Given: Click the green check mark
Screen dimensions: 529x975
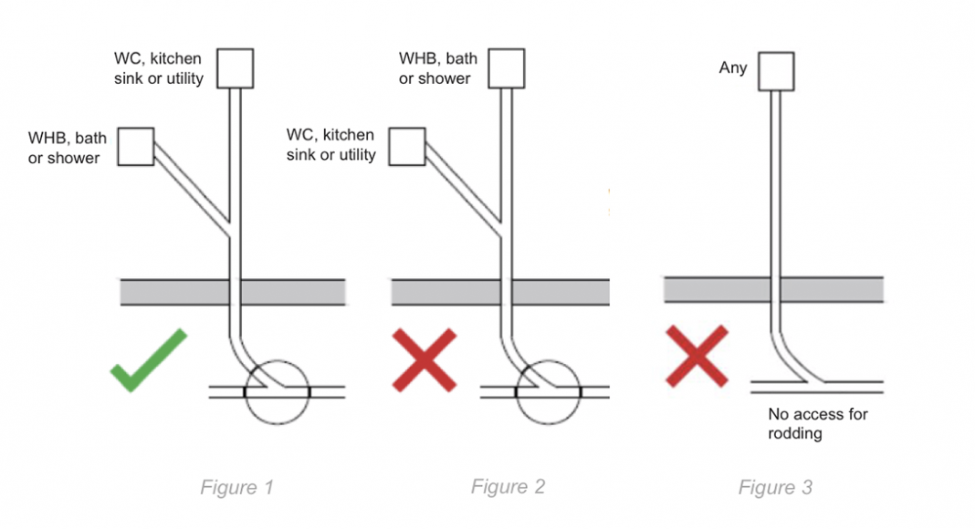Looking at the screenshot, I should pyautogui.click(x=148, y=361).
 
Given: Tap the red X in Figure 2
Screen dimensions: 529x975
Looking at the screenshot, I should pyautogui.click(x=424, y=361).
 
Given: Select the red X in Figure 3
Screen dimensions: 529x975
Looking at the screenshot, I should pyautogui.click(x=697, y=356).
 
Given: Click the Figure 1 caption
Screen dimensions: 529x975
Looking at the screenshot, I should pyautogui.click(x=236, y=488).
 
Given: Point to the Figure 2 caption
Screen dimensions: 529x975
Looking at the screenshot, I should pyautogui.click(x=508, y=486).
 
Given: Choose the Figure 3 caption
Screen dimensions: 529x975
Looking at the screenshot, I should pyautogui.click(x=775, y=488).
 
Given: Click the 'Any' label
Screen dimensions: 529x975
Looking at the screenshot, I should pyautogui.click(x=733, y=67).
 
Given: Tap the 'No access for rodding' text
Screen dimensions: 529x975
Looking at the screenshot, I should pyautogui.click(x=818, y=424).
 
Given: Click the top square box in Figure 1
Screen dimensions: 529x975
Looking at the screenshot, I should pyautogui.click(x=235, y=68).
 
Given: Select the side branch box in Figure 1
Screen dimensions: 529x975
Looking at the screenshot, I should pyautogui.click(x=136, y=146).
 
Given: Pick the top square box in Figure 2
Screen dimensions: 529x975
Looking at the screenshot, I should pyautogui.click(x=506, y=68).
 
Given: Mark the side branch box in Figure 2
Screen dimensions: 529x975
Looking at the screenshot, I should pyautogui.click(x=407, y=146).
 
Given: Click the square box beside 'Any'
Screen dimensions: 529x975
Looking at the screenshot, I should pyautogui.click(x=776, y=71).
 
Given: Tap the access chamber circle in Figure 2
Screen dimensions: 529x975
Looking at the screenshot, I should pyautogui.click(x=548, y=392).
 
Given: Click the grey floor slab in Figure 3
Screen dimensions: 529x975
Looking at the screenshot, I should pyautogui.click(x=772, y=289).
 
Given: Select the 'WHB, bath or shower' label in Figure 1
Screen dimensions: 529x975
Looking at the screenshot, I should pyautogui.click(x=67, y=148).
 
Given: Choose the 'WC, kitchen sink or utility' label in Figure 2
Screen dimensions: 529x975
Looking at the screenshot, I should pyautogui.click(x=330, y=145).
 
